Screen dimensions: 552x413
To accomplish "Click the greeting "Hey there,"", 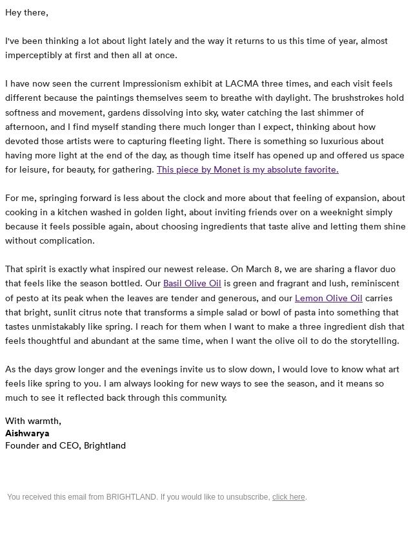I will coord(26,12).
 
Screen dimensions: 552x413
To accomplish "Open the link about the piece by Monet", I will coord(247,169).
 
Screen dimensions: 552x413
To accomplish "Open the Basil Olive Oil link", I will coord(192,283).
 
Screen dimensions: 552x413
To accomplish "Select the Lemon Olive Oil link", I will coord(328,298).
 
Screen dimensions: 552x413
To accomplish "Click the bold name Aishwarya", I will coord(27,433).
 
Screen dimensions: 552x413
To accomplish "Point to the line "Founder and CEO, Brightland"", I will coord(65,445).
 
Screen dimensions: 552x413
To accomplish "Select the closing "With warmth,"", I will coord(33,421).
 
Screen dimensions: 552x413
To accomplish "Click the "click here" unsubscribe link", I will coord(288,497).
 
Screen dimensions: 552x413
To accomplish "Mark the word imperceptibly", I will coord(35,55).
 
